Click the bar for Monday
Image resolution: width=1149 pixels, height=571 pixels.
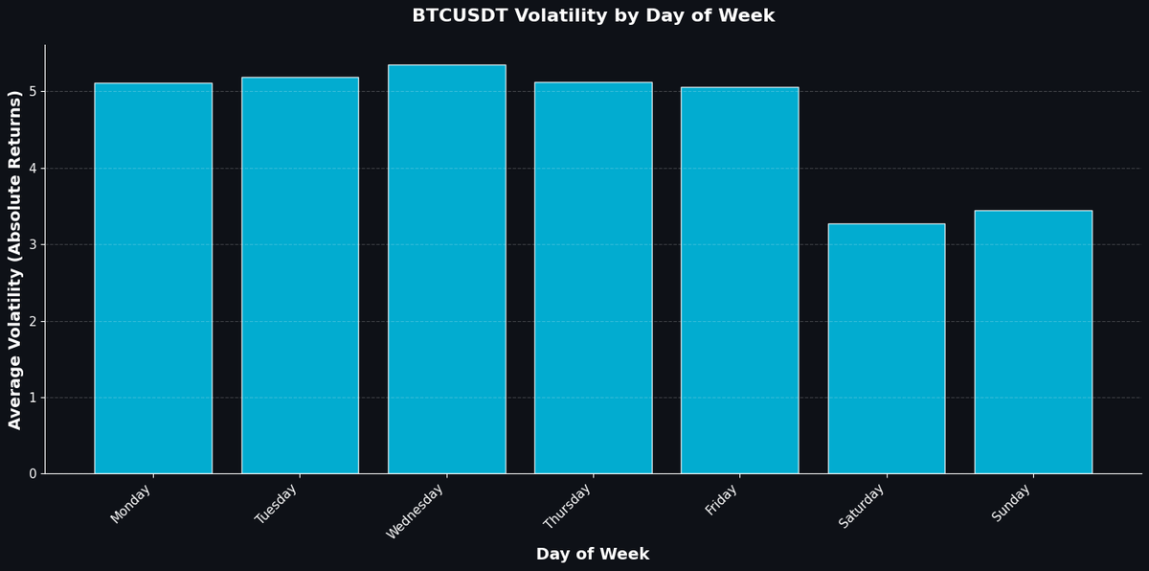(x=153, y=278)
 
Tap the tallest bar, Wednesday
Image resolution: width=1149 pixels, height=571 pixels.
(x=446, y=269)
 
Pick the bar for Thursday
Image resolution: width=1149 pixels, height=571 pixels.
(x=593, y=278)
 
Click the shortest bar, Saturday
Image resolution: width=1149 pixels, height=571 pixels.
(x=887, y=349)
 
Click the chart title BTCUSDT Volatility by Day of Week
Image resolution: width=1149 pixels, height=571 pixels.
(x=593, y=16)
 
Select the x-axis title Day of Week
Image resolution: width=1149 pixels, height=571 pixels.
(x=593, y=554)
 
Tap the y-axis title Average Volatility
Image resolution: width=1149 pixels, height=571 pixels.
(x=15, y=260)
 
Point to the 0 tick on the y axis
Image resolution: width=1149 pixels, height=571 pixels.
(x=33, y=474)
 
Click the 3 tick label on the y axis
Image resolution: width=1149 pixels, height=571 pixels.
(x=33, y=245)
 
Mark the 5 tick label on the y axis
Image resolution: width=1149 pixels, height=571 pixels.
(x=33, y=92)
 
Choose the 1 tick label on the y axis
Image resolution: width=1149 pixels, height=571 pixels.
(x=33, y=398)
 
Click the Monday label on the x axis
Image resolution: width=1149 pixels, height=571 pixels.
(x=132, y=504)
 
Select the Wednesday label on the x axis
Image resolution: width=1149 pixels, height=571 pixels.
(x=416, y=512)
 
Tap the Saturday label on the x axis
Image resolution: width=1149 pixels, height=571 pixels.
(x=862, y=506)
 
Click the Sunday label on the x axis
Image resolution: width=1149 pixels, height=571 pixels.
(x=1012, y=503)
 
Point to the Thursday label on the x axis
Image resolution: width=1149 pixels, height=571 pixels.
(x=568, y=506)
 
